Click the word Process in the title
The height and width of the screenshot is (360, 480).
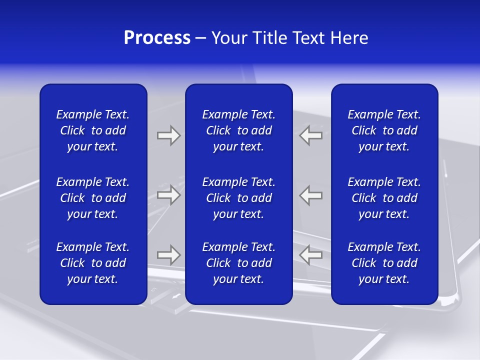(157, 38)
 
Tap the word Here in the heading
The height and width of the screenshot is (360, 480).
(348, 38)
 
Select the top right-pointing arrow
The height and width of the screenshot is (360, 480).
(169, 135)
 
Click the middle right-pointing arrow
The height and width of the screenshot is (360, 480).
(169, 194)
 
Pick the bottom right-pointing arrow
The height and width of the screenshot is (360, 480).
(169, 255)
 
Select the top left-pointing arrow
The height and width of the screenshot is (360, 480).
(310, 135)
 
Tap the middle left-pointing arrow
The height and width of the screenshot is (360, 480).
(310, 194)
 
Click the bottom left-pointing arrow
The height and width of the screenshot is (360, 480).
(310, 255)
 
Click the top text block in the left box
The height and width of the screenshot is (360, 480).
(93, 130)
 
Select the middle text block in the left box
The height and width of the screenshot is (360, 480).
(93, 198)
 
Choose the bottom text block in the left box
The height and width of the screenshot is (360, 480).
(93, 263)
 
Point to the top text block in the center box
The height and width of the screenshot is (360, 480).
(238, 130)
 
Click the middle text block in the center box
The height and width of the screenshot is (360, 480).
(238, 198)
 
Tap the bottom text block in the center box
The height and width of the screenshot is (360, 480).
(238, 263)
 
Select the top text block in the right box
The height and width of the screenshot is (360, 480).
(384, 130)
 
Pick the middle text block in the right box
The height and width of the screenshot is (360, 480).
(384, 198)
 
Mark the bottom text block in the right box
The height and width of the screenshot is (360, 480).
(384, 263)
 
